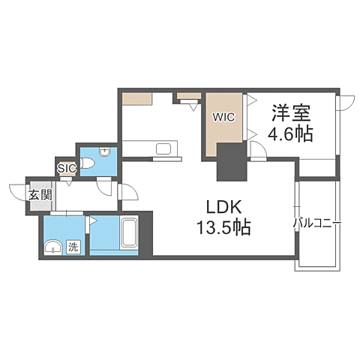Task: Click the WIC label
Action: click(x=223, y=117)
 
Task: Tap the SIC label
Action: click(x=67, y=168)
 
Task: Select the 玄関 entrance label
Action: click(x=40, y=195)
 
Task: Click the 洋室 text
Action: click(x=291, y=112)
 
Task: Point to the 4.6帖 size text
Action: click(x=291, y=133)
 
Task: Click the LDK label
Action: click(x=224, y=207)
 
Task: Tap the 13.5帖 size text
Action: click(x=224, y=227)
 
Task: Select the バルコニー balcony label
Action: click(x=317, y=223)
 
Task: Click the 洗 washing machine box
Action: click(x=73, y=247)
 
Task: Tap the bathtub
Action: click(x=129, y=233)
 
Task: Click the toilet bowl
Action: click(x=88, y=163)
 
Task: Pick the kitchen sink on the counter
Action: click(x=163, y=149)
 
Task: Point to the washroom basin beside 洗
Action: click(x=53, y=247)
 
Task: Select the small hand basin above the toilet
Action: click(x=104, y=151)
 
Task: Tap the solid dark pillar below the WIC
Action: click(x=232, y=162)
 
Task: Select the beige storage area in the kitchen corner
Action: click(x=137, y=99)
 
